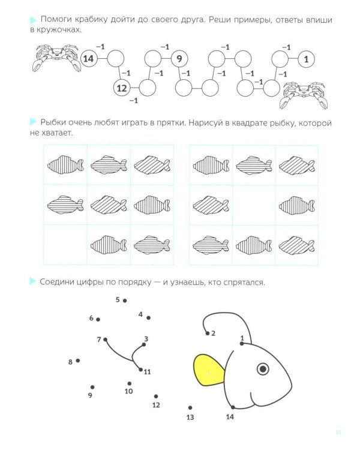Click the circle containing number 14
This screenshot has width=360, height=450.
point(89,59)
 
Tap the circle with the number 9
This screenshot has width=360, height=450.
point(179,59)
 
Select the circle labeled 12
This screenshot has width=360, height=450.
point(122,88)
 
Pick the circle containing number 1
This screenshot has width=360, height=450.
point(307,59)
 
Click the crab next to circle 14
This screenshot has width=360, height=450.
point(56,57)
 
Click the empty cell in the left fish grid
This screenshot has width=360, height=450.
point(65,245)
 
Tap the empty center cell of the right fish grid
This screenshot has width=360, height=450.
point(254,205)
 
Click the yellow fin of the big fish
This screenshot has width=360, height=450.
point(209,370)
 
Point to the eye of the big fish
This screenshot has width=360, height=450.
point(263,368)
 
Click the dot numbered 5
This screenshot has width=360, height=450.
point(125,301)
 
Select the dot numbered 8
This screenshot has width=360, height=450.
point(78,361)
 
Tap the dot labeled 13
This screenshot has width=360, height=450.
point(190,407)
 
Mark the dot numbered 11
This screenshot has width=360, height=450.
point(140,370)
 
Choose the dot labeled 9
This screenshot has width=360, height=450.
point(92,387)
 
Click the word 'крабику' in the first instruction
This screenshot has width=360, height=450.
point(91,20)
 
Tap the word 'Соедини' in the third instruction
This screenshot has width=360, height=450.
point(56,282)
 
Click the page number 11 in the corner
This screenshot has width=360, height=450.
point(338,432)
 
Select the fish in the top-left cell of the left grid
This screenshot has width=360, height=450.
point(65,165)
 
